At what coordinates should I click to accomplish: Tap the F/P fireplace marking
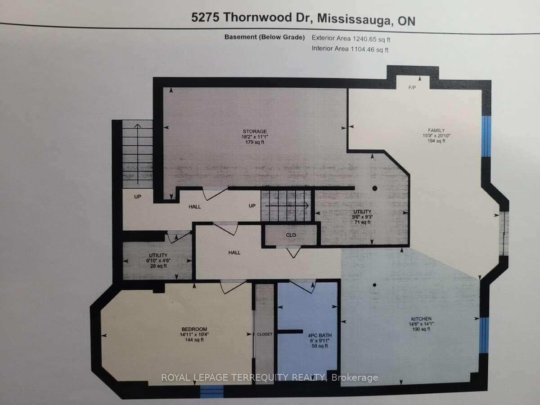point(412,88)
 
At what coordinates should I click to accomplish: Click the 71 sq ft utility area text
point(361,222)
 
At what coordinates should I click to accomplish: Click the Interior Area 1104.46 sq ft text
point(350,49)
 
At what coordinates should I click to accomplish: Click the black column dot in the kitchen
point(374,284)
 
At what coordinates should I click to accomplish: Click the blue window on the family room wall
point(486,136)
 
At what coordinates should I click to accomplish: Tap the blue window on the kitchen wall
point(484,335)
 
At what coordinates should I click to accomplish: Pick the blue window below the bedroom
point(211,392)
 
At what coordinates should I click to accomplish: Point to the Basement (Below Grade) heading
point(265,37)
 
